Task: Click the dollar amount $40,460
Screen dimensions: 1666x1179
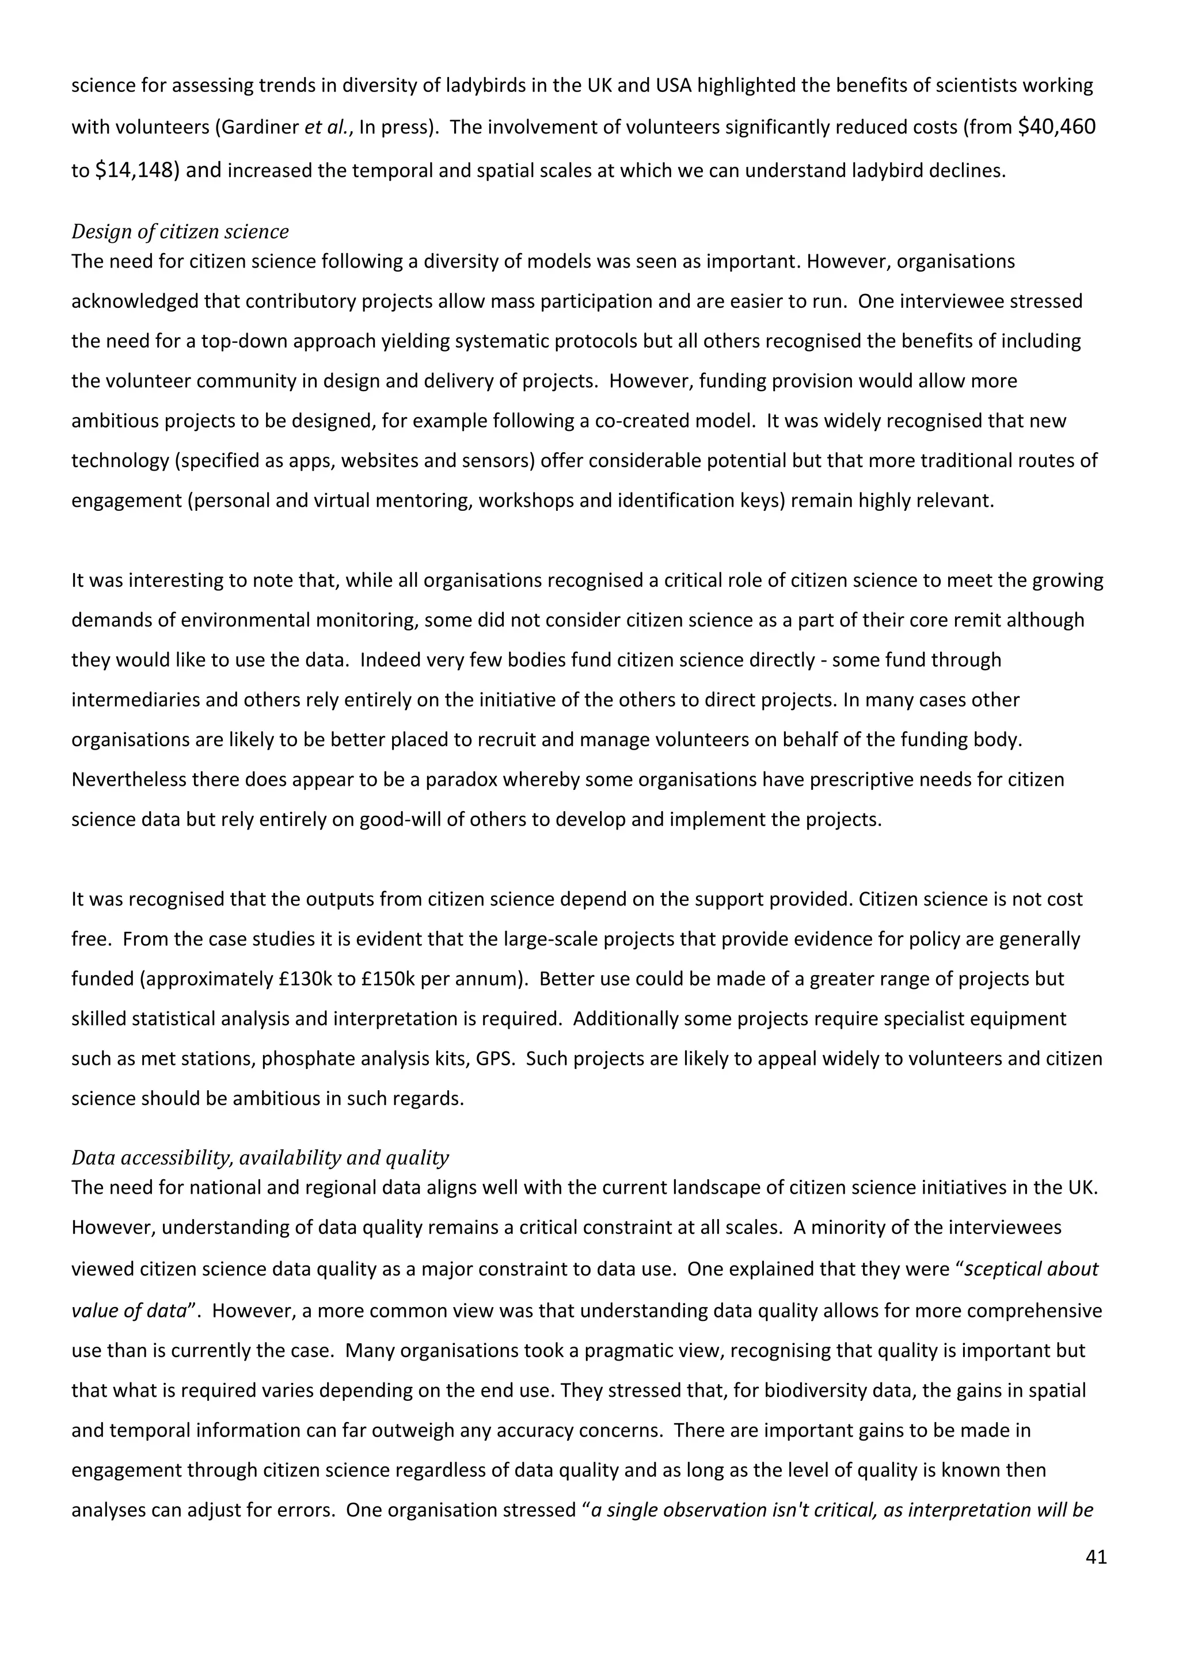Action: click(x=1057, y=127)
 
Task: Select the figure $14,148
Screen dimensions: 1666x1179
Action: click(x=136, y=170)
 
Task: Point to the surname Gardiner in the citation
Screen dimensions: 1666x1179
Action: click(x=260, y=128)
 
